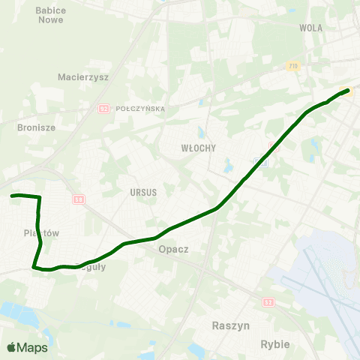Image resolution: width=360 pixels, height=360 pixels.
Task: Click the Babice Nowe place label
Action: [x=50, y=15]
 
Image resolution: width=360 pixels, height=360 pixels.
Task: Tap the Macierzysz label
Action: [x=83, y=76]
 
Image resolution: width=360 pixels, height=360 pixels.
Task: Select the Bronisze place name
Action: [x=36, y=127]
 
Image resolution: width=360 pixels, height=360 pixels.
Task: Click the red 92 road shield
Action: [x=103, y=109]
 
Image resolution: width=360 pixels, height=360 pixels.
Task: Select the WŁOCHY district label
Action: [x=198, y=148]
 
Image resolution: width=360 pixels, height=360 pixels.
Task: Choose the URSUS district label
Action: [x=142, y=192]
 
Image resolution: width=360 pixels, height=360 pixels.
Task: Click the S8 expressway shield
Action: [x=78, y=199]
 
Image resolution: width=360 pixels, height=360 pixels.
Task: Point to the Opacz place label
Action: [x=173, y=249]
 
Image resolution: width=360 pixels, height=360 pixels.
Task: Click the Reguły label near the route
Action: [x=93, y=267]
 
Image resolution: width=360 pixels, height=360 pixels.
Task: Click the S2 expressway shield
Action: [x=268, y=301]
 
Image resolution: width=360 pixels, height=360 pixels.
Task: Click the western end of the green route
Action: [x=13, y=196]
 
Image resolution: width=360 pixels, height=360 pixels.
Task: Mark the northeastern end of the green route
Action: [x=348, y=91]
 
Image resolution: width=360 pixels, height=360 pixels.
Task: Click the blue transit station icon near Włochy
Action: [x=263, y=160]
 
